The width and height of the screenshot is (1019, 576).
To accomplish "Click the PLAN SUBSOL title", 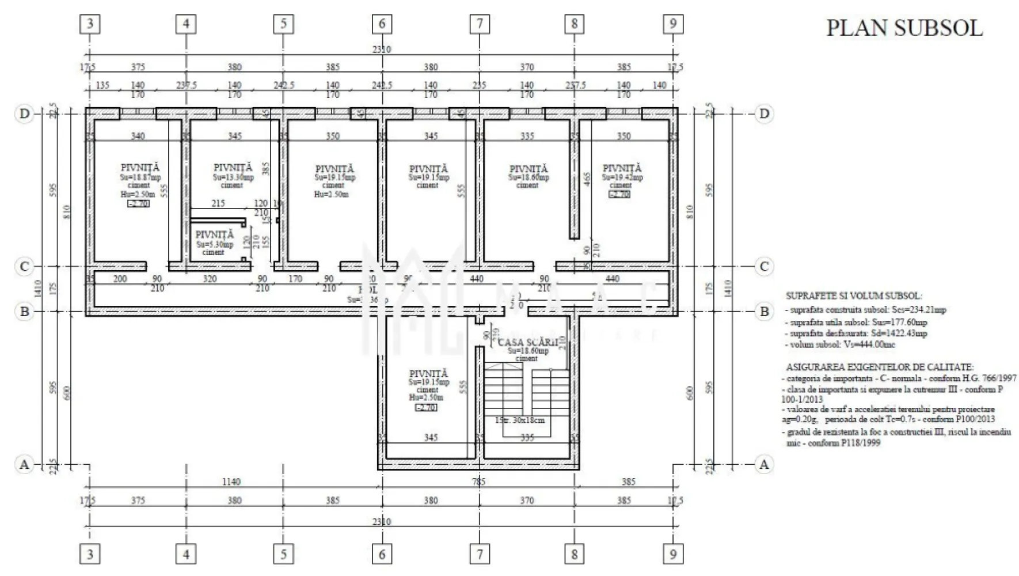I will coord(904,28).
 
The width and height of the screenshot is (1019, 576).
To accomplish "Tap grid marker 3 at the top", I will coord(90,24).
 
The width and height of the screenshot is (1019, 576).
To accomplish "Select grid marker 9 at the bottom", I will coord(672,555).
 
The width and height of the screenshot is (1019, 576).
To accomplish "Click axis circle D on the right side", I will coord(764,113).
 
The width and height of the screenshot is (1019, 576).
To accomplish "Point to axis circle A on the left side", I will coord(24,464).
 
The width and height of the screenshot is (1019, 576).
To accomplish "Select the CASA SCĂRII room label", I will coord(524,342).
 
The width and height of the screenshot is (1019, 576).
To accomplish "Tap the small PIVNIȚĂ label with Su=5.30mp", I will coord(214,235).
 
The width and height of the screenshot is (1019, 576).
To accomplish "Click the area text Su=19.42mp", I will coord(622,177).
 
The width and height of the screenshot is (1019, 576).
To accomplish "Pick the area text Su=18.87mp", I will coord(140,177).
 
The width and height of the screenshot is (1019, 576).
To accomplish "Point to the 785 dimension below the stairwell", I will coord(478,482).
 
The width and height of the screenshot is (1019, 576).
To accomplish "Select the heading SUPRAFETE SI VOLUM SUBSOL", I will coord(853,296).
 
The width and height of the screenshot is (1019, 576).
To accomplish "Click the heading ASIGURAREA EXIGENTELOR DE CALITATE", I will coord(880,366).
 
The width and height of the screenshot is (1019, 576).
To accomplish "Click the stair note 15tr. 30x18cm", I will coord(519,420).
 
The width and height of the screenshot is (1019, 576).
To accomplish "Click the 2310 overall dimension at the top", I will coord(381,50).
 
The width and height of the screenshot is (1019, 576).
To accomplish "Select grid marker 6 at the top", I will coord(382,24).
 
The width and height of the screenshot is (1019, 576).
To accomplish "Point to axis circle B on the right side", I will coord(764,312).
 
